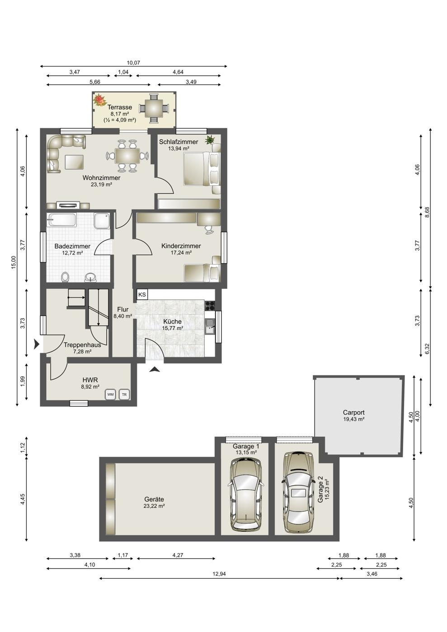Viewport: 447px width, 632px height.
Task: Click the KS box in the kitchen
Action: [142, 294]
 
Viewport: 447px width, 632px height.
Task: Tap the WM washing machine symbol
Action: [110, 395]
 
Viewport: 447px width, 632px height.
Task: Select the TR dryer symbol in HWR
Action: [124, 395]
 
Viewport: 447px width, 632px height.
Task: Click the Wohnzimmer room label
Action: [101, 178]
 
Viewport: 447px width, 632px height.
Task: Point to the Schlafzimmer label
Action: [179, 142]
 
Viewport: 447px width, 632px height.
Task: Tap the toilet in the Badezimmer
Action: [65, 277]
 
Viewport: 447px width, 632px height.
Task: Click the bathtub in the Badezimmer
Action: [62, 220]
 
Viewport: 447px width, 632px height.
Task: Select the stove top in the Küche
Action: [210, 306]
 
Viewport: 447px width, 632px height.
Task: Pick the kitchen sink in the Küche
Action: [210, 326]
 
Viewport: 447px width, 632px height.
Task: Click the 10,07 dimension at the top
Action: [133, 63]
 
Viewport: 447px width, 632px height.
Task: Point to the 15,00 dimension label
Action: [14, 263]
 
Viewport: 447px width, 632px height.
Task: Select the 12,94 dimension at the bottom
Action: [219, 574]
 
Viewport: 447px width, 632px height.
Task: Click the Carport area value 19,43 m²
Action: [354, 419]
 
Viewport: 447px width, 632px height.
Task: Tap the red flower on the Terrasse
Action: [99, 100]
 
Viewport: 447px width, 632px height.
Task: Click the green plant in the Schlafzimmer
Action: [210, 139]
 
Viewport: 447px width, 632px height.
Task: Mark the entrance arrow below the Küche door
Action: [155, 370]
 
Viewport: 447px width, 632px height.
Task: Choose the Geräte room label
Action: [154, 499]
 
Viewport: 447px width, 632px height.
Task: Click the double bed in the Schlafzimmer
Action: [202, 169]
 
